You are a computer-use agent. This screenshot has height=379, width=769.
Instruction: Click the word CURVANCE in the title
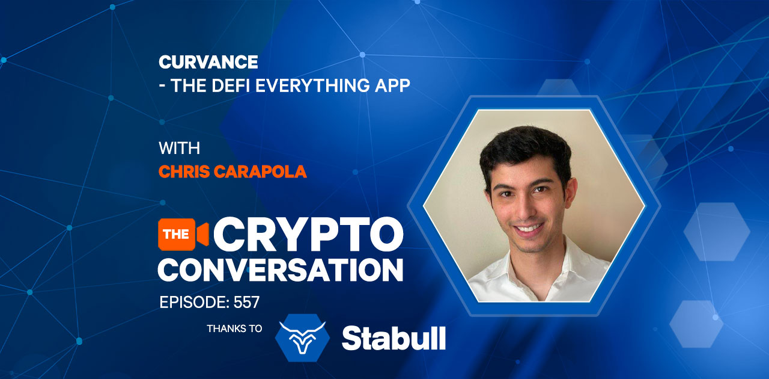(208, 62)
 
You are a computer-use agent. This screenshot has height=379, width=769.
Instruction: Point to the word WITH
(179, 148)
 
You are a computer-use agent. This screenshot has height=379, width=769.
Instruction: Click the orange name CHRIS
(184, 171)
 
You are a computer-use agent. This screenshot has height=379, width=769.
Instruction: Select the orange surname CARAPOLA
(260, 171)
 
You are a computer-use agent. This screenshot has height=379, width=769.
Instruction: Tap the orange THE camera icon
(183, 234)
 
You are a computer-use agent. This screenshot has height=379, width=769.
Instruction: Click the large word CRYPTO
(308, 234)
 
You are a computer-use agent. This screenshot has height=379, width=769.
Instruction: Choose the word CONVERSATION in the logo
(280, 270)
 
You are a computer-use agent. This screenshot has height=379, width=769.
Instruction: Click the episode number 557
(246, 303)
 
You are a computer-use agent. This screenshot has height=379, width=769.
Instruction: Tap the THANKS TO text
(234, 328)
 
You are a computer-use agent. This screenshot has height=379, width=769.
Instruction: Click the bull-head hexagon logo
(302, 337)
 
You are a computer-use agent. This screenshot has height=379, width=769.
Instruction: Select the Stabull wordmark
(394, 338)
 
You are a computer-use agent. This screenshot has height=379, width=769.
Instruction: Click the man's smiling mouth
(529, 228)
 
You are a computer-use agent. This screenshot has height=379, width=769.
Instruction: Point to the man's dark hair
(525, 148)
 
